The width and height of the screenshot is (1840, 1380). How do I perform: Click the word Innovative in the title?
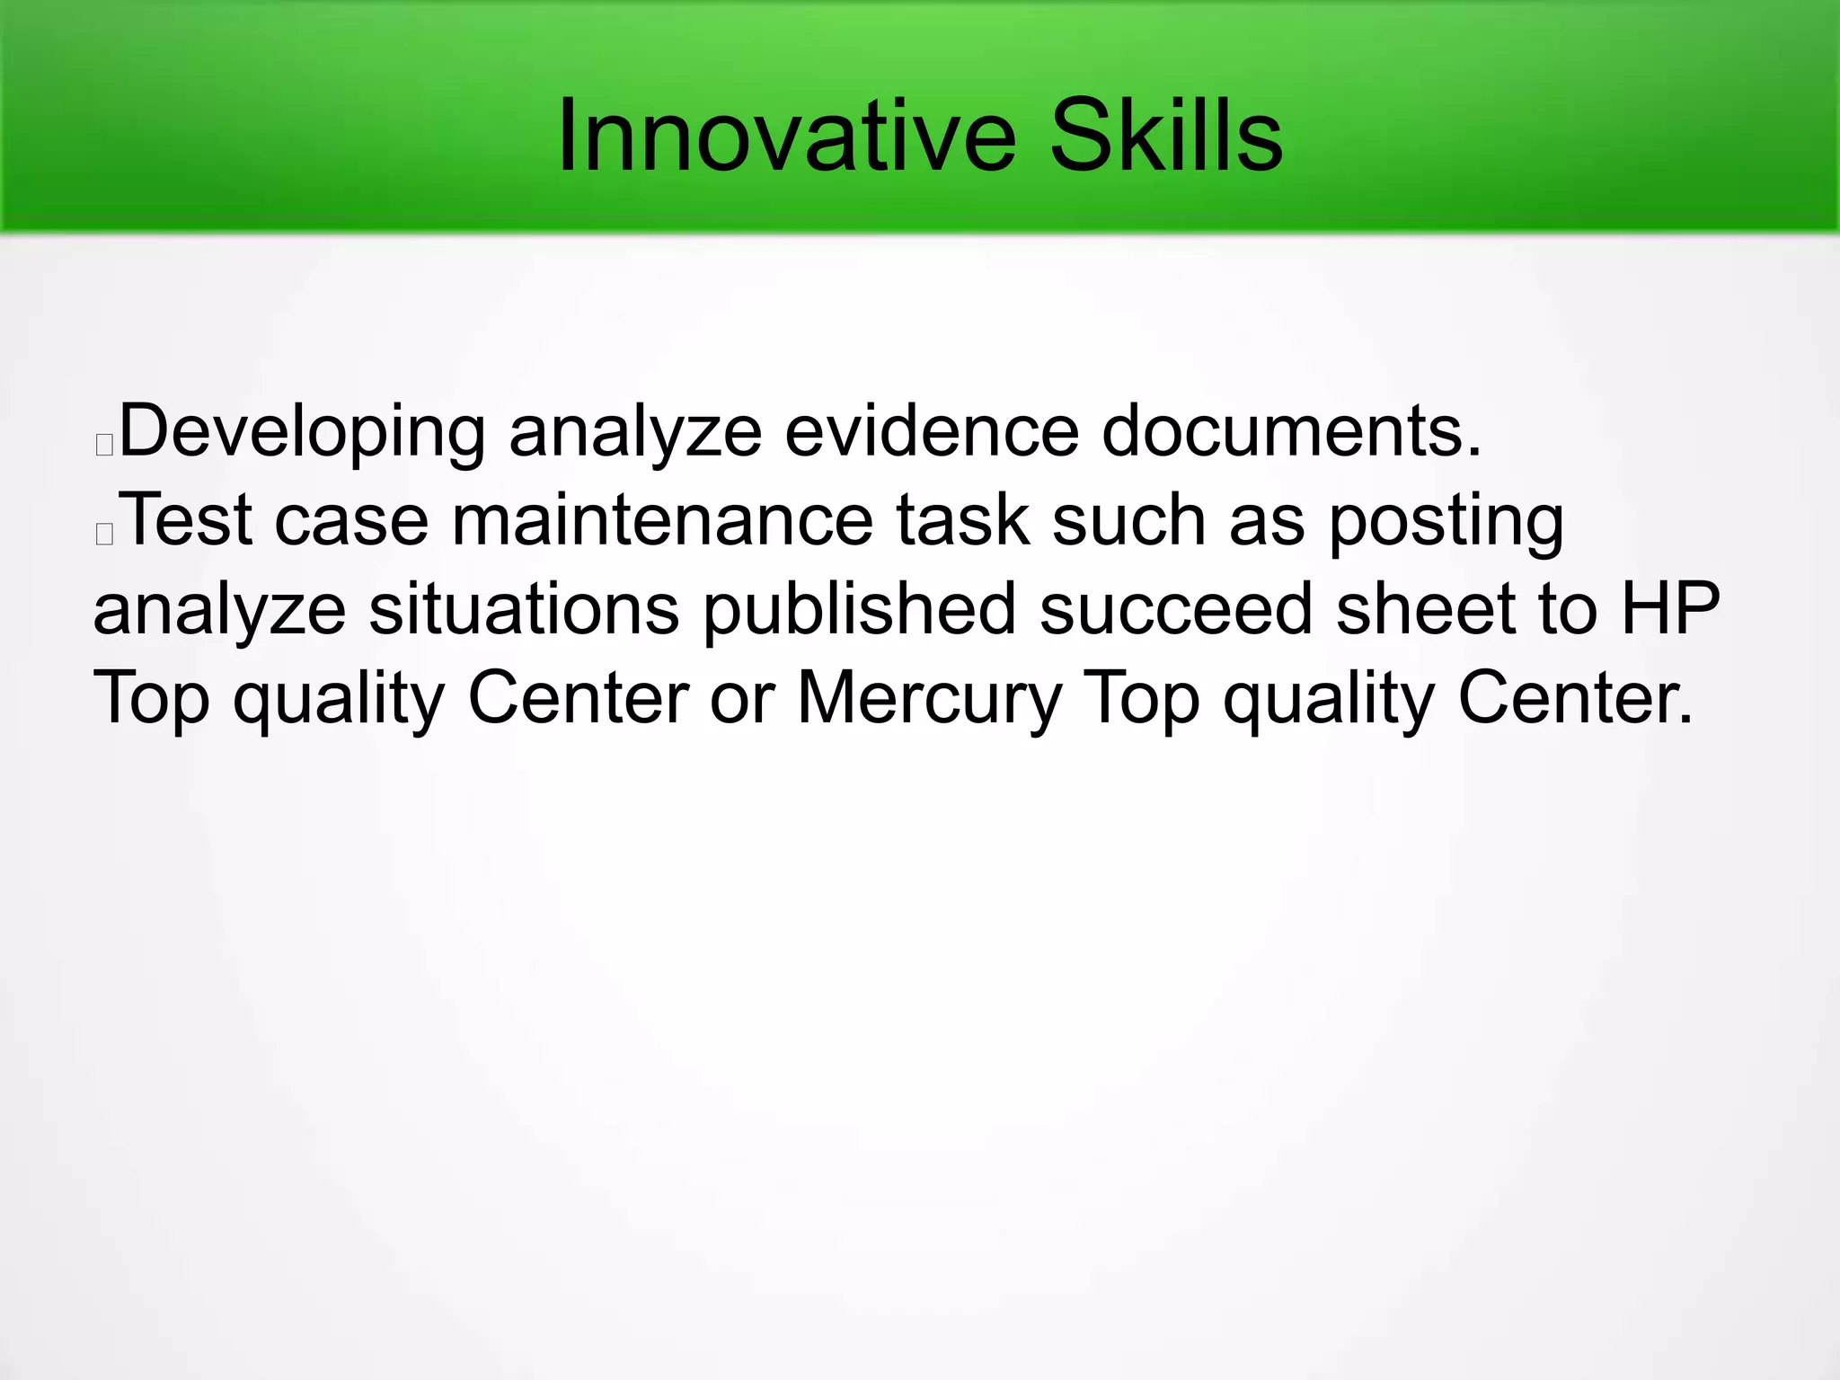[x=786, y=137]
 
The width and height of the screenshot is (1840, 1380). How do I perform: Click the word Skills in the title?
[x=1166, y=137]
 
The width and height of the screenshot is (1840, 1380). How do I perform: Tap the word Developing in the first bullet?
[x=302, y=433]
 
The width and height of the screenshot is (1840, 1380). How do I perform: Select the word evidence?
[x=932, y=431]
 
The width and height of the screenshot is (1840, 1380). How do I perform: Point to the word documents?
[x=1291, y=431]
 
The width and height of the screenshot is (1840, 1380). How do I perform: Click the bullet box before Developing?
[x=104, y=444]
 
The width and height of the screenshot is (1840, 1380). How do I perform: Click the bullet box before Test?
[x=104, y=533]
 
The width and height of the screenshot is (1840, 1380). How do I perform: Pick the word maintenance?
[x=662, y=521]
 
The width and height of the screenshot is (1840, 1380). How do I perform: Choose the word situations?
[x=524, y=610]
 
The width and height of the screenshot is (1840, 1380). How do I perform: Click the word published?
[x=859, y=610]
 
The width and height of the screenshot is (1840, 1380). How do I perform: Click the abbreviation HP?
[x=1670, y=610]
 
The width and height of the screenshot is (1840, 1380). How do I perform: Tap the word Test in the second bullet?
[x=186, y=521]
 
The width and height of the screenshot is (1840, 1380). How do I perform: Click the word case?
[x=351, y=521]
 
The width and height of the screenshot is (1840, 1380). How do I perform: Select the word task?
[x=962, y=521]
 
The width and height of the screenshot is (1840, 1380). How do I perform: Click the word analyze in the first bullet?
[x=635, y=433]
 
